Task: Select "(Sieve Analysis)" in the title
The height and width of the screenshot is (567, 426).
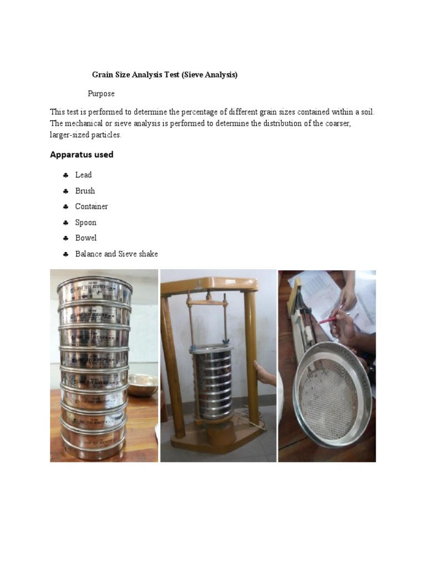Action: [x=209, y=75]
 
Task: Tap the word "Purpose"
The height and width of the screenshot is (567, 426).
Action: [x=101, y=94]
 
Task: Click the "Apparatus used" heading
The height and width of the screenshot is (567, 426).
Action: [x=82, y=154]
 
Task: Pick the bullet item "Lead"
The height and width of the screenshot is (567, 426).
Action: [x=83, y=175]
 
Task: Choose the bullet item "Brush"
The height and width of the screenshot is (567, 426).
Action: [x=85, y=191]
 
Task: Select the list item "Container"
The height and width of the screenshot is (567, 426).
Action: [x=92, y=207]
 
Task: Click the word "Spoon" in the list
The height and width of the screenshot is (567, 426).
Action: [x=85, y=223]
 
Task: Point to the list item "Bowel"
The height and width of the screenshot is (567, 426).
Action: [x=86, y=238]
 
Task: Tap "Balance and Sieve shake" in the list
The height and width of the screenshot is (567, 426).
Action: [x=116, y=254]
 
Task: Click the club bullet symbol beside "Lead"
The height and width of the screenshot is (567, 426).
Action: [x=65, y=175]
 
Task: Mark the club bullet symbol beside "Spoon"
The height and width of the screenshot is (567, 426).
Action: [x=65, y=223]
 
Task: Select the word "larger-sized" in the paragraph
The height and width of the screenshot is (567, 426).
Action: [x=70, y=135]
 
